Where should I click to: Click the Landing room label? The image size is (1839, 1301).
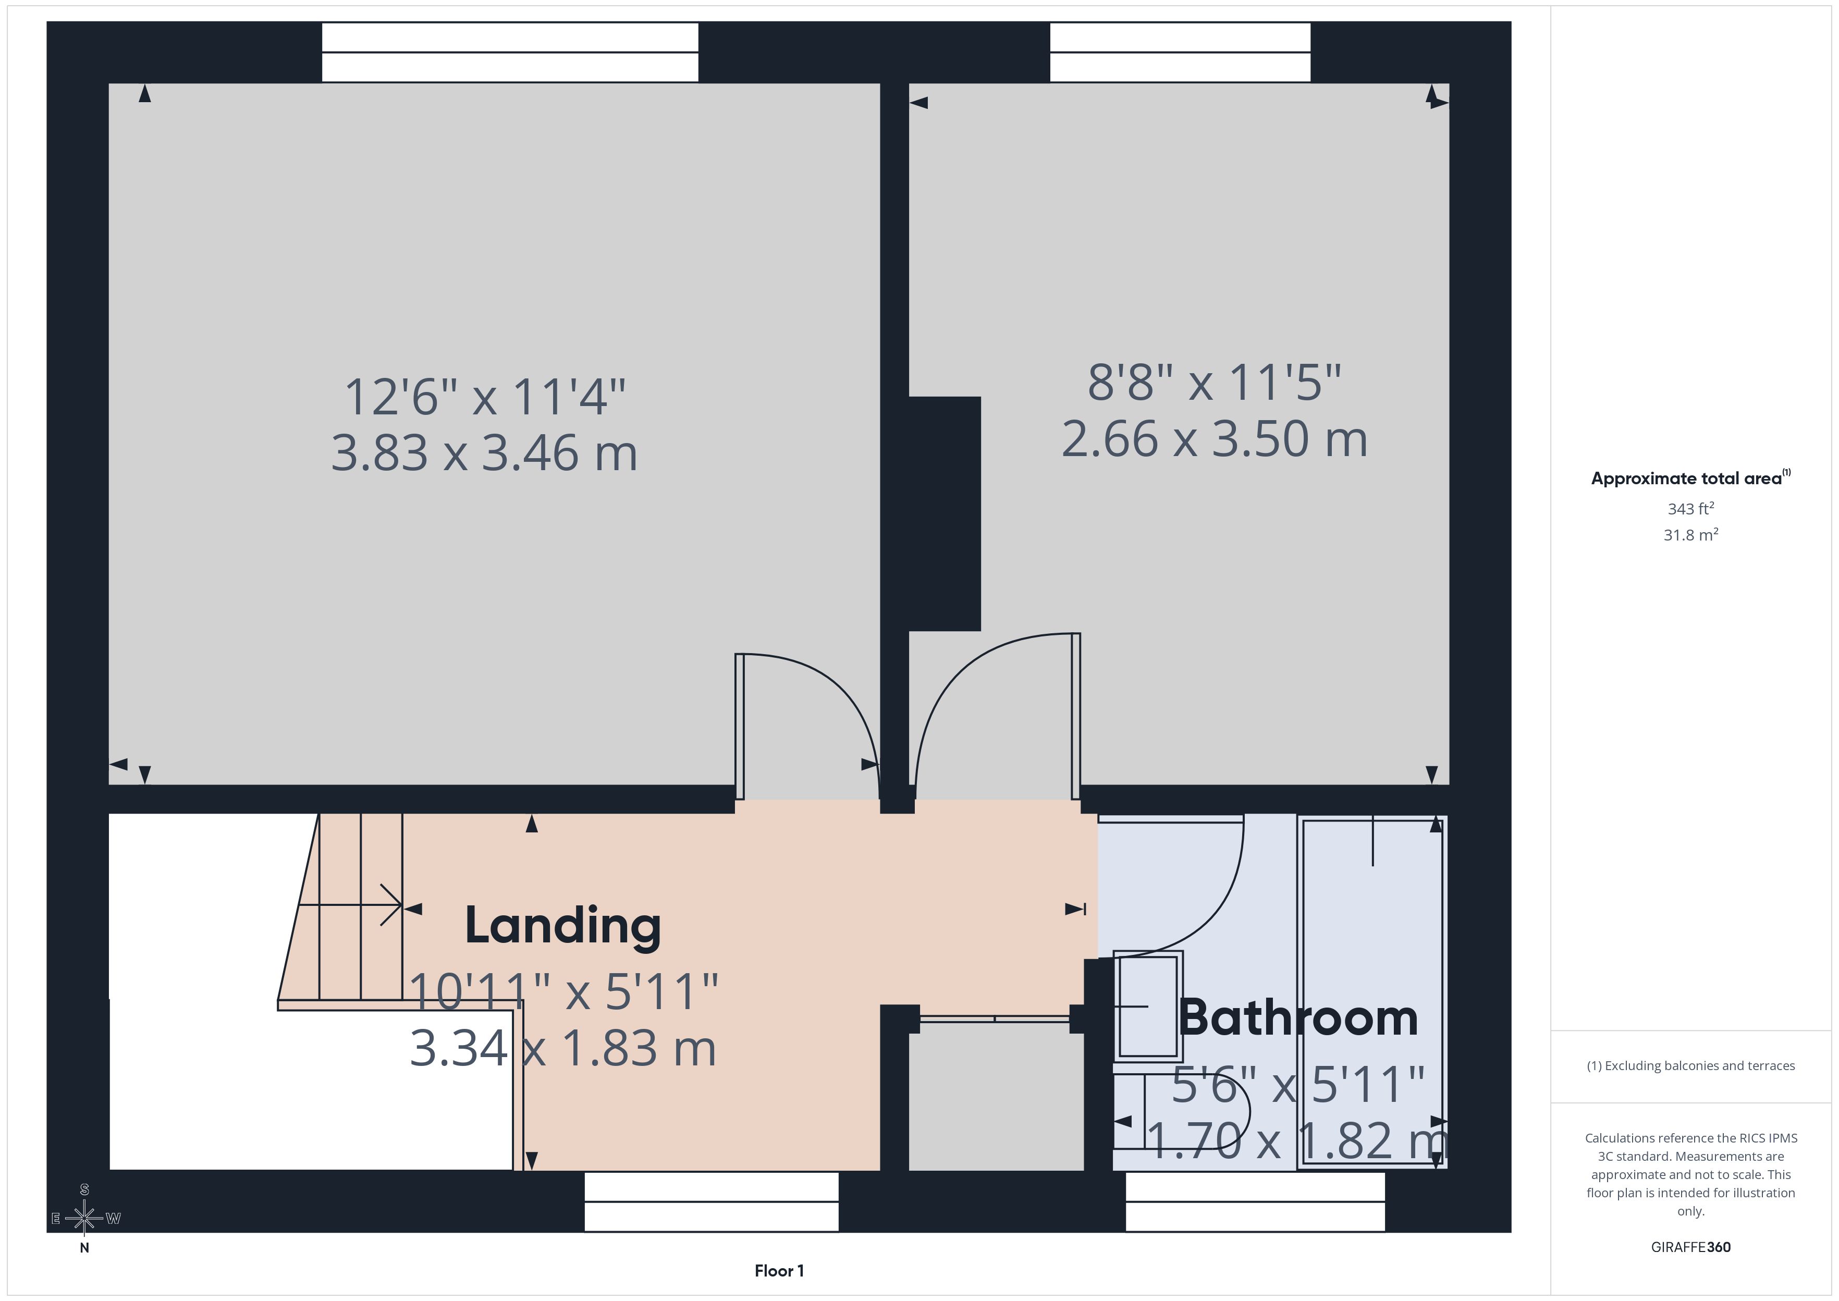563,926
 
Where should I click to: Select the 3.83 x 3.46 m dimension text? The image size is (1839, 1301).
484,453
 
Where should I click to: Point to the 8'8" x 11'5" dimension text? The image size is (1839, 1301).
1214,383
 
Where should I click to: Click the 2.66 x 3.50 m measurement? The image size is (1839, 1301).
1214,440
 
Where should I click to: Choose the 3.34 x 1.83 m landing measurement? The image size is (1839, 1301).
562,1049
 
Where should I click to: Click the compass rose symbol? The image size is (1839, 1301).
84,1219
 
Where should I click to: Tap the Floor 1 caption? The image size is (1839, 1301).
779,1271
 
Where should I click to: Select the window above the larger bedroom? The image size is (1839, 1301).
510,52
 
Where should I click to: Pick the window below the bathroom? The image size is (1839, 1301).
1255,1201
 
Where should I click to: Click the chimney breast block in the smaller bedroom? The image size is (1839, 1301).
945,513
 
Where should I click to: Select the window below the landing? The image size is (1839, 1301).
711,1201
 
